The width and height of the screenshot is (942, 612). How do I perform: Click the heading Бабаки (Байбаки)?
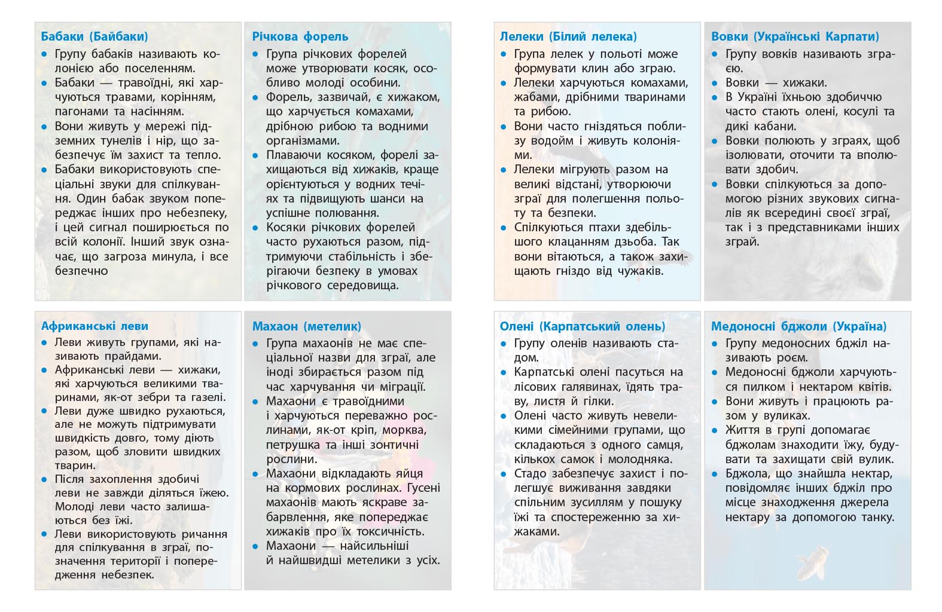pyautogui.click(x=94, y=36)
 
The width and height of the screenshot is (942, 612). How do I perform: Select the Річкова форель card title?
pyautogui.click(x=300, y=36)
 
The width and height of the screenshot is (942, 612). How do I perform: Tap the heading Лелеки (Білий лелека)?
pyautogui.click(x=568, y=36)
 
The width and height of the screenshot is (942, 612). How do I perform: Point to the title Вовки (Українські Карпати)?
pyautogui.click(x=795, y=36)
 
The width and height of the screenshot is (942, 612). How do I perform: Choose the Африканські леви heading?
pyautogui.click(x=94, y=326)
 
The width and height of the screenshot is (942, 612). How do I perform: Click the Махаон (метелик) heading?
pyautogui.click(x=307, y=326)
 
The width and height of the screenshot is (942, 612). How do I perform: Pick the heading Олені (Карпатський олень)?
pyautogui.click(x=583, y=326)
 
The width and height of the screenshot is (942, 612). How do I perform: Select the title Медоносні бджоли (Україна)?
pyautogui.click(x=798, y=326)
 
